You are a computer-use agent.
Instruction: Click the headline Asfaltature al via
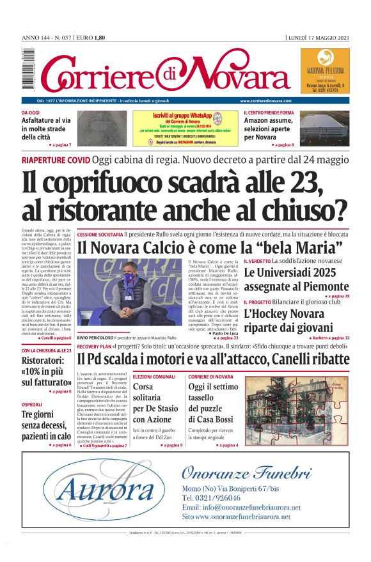coord(45,128)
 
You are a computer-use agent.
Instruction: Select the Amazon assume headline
coord(268,128)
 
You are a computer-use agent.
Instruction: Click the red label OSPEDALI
coord(32,405)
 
